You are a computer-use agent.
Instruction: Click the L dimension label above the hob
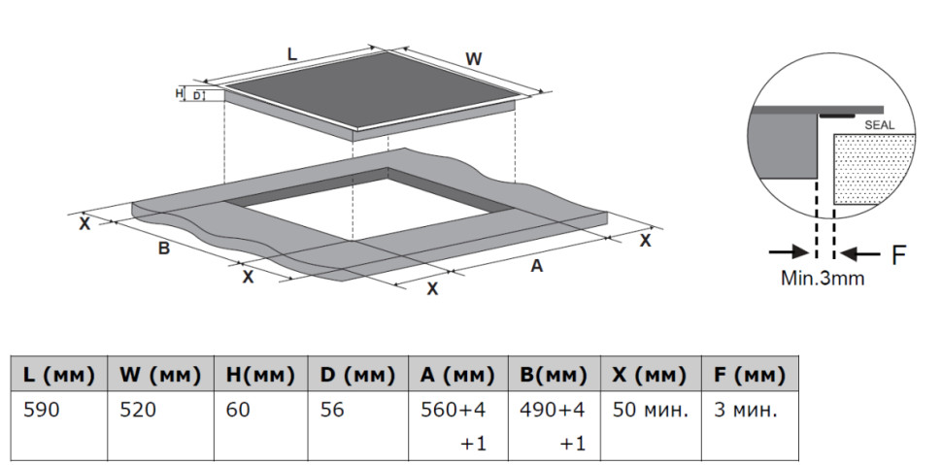[x=292, y=54]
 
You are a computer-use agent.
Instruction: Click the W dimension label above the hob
[x=474, y=59]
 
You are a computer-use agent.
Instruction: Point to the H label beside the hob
[x=179, y=93]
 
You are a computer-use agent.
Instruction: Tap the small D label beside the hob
[x=196, y=95]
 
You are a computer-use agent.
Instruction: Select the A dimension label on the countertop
[x=536, y=266]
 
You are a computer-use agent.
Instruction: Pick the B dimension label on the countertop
[x=163, y=249]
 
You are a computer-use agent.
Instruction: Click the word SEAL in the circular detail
[x=879, y=125]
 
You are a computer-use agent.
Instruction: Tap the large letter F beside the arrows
[x=898, y=255]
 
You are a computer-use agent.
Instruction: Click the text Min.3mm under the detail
[x=822, y=279]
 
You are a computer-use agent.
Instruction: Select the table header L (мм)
[x=59, y=376]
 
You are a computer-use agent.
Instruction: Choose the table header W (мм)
[x=160, y=376]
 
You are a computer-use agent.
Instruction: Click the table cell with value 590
[x=42, y=411]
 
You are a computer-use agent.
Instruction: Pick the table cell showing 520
[x=138, y=411]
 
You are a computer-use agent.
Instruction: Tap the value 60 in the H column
[x=238, y=411]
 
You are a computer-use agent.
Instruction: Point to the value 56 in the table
[x=331, y=411]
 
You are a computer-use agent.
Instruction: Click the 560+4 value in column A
[x=453, y=411]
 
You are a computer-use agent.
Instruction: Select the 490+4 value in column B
[x=553, y=411]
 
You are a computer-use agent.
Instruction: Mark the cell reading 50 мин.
[x=650, y=411]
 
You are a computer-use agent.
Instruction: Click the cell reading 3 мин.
[x=746, y=411]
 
